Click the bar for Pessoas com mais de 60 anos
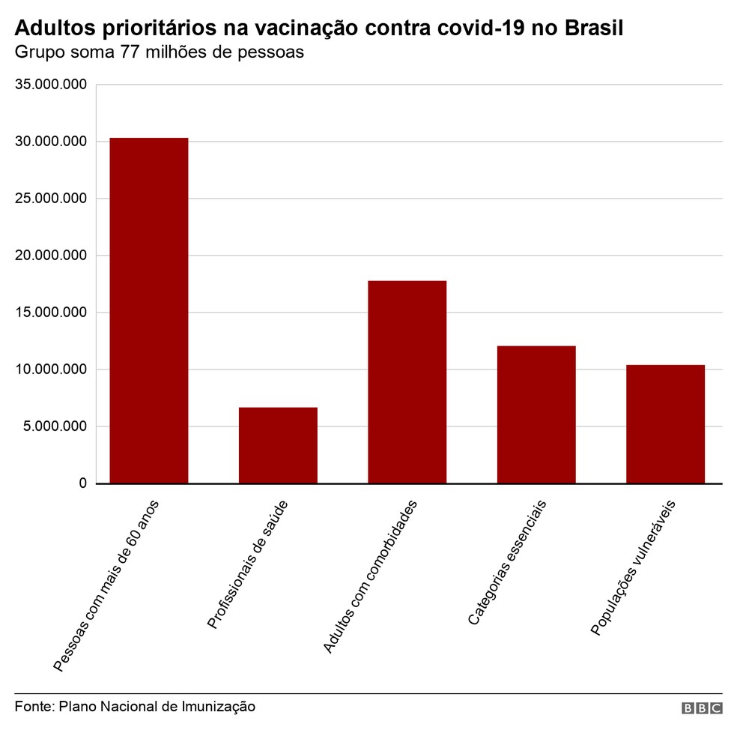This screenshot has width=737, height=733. click(x=148, y=310)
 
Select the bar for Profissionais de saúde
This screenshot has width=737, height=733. click(x=278, y=445)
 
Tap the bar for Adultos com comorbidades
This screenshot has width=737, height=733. click(x=407, y=381)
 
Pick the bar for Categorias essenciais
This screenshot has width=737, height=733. click(x=536, y=414)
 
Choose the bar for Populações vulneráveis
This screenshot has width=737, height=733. click(x=665, y=423)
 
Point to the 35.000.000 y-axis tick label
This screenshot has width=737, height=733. click(x=51, y=85)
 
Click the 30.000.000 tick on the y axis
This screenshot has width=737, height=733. click(x=51, y=142)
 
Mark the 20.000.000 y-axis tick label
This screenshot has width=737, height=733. click(x=51, y=256)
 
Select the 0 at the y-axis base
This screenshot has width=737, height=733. click(x=82, y=483)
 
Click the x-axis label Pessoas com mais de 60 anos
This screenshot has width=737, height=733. click(x=106, y=584)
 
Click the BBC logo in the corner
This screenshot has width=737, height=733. click(x=701, y=708)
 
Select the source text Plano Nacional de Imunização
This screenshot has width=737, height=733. click(x=157, y=706)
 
